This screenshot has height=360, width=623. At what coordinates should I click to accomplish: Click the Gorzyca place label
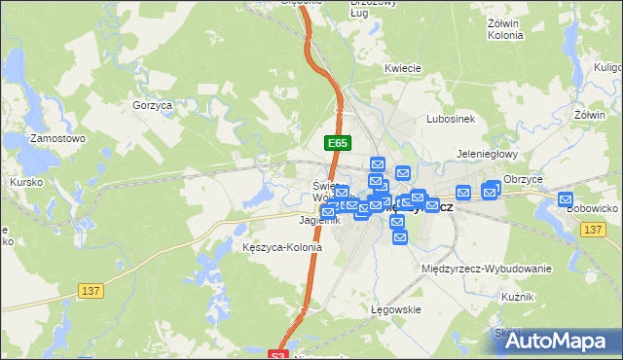152,104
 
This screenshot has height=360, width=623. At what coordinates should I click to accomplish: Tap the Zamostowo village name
58,138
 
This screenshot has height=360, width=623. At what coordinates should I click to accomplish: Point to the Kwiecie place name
402,68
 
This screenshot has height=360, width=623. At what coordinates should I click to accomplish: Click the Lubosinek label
450,119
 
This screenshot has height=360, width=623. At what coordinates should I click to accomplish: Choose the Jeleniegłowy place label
487,155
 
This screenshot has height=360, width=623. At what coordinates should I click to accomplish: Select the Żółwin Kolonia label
505,28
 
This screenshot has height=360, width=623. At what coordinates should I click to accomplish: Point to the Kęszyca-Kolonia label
281,247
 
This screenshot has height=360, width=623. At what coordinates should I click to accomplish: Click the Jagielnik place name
293,221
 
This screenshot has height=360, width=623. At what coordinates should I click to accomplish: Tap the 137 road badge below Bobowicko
595,229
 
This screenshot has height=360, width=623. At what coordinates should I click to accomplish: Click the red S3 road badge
279,355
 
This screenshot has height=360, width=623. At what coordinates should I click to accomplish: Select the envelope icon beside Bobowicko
567,199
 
